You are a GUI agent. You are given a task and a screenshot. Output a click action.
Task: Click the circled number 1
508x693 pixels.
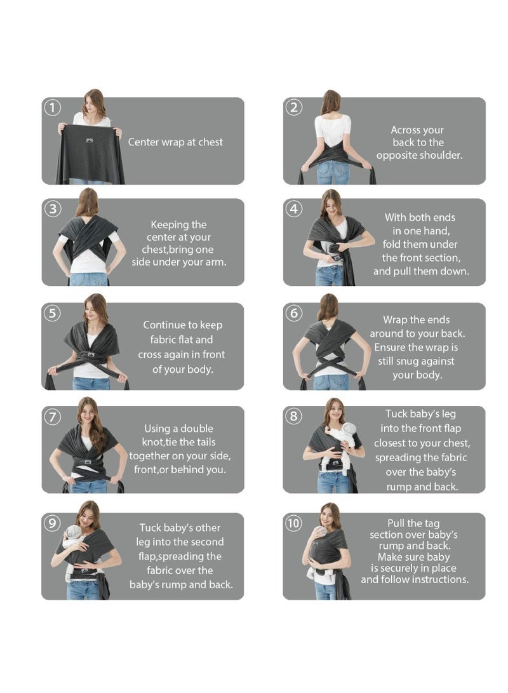[52, 107]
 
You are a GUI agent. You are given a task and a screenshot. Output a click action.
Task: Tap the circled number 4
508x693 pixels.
[293, 209]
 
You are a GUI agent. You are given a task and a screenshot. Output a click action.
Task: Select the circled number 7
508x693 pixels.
[52, 417]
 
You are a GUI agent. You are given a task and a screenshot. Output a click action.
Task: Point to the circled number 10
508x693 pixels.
[293, 524]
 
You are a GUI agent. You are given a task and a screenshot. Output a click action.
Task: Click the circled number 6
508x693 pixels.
[293, 313]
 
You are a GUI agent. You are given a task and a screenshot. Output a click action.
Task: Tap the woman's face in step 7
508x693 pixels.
[88, 411]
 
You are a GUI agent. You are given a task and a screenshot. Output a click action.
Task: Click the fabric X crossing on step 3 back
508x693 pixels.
[88, 236]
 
